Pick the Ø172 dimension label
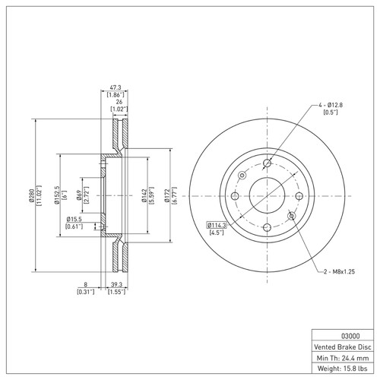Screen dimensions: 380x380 168,195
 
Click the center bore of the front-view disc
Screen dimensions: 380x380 265,195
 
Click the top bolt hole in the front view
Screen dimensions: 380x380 267,163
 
